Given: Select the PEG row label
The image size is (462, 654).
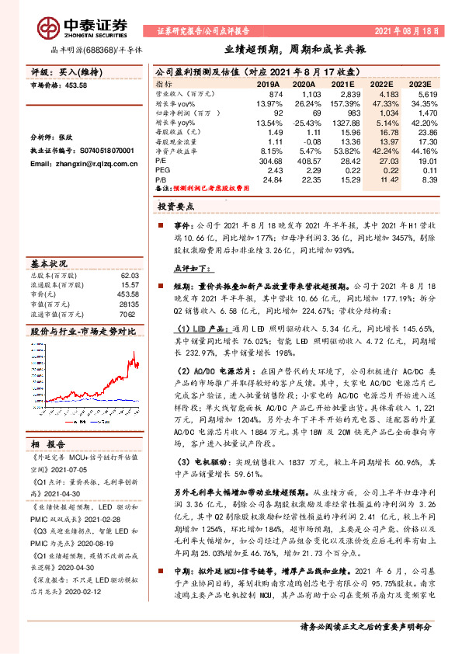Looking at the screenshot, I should pyautogui.click(x=163, y=170).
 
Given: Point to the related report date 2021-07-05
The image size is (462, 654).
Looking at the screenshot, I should pyautogui.click(x=74, y=470).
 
